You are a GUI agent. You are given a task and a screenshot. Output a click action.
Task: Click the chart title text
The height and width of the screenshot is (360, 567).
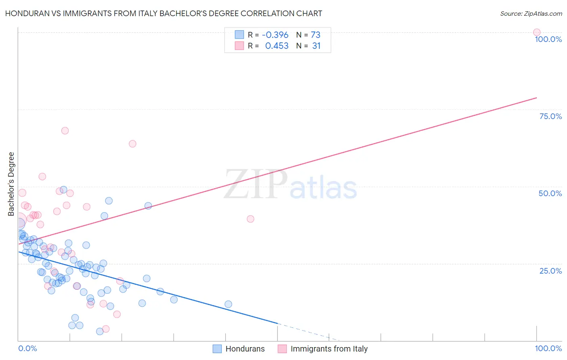163,13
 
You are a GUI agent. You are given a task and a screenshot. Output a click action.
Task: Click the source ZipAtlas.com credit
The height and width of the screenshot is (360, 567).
531,13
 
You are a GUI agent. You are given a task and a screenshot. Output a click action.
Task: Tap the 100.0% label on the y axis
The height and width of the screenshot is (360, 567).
548,39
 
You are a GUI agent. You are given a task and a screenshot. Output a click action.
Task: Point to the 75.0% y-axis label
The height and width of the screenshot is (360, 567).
550,116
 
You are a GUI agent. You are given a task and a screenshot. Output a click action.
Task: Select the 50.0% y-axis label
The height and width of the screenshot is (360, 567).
550,193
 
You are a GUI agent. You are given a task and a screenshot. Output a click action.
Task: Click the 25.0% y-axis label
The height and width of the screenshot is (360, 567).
550,270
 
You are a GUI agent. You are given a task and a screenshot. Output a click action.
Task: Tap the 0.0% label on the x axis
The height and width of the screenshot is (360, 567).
28,348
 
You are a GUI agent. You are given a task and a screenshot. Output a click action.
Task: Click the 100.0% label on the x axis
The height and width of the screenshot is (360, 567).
548,348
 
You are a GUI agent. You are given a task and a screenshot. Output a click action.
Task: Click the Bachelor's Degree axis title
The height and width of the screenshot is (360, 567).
11,184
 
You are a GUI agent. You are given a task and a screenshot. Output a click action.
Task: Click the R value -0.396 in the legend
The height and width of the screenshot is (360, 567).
275,35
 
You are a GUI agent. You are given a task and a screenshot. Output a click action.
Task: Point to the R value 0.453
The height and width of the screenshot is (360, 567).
277,46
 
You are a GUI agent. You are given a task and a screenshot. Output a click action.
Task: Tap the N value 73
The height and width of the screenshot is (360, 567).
315,35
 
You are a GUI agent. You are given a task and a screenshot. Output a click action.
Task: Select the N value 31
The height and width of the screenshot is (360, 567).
316,46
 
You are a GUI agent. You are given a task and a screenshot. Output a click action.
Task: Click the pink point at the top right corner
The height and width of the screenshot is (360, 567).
536,32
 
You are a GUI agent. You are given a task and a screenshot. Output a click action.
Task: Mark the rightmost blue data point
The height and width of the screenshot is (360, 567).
228,304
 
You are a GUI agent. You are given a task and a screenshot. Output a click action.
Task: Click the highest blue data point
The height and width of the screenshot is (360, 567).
63,190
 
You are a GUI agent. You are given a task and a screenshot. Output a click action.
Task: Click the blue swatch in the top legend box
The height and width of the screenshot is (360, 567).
240,35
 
